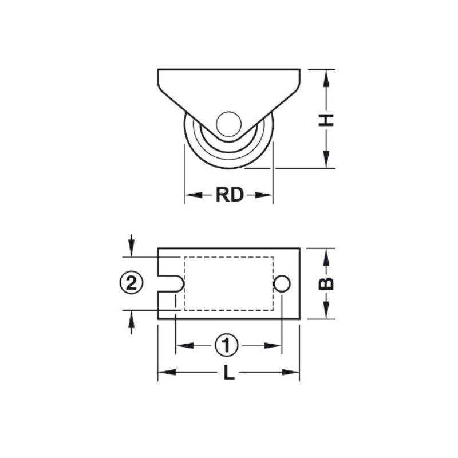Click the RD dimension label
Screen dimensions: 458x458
pyautogui.click(x=230, y=195)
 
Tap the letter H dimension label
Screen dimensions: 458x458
pyautogui.click(x=326, y=120)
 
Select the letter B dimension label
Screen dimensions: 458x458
pyautogui.click(x=326, y=283)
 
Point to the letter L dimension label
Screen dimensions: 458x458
pyautogui.click(x=229, y=373)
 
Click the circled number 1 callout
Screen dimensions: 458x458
pyautogui.click(x=227, y=346)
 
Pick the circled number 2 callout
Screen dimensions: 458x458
pyautogui.click(x=132, y=282)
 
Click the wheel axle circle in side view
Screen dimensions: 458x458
pyautogui.click(x=228, y=124)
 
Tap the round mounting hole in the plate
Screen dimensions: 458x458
pyautogui.click(x=282, y=283)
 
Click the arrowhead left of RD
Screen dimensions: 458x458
pyautogui.click(x=194, y=195)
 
